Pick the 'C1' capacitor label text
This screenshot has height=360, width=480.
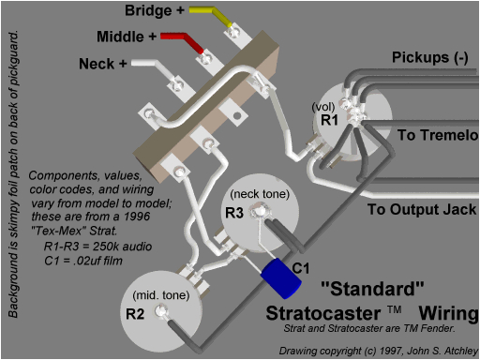click(x=301, y=268)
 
